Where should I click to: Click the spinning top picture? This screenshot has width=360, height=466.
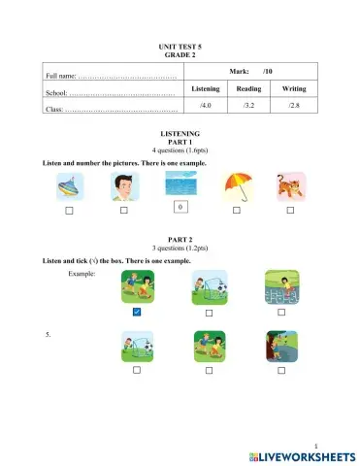(68, 185)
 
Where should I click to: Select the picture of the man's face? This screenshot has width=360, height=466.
(124, 185)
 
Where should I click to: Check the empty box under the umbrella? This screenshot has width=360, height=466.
(236, 210)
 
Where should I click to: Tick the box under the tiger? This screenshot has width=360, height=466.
(290, 210)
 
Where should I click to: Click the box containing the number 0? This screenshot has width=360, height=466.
(180, 207)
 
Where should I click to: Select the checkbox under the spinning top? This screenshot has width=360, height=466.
(69, 210)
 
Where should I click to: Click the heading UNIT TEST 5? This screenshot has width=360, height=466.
(179, 48)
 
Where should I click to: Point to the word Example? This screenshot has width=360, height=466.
(82, 275)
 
